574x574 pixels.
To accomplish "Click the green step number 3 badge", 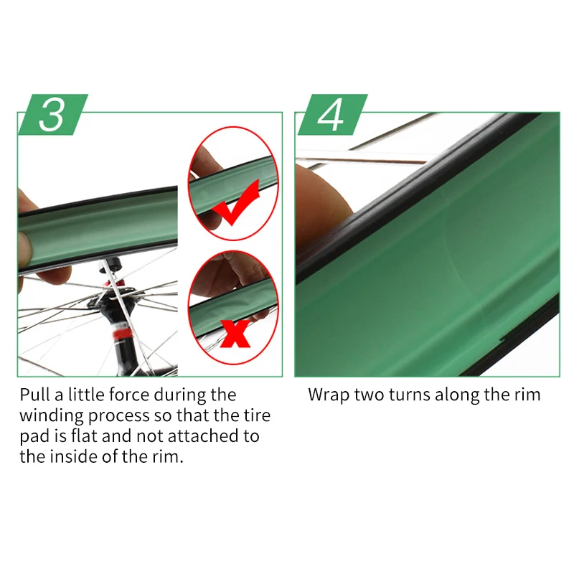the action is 53,115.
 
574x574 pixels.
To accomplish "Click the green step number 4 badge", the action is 333,115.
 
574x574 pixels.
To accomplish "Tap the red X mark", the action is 235,334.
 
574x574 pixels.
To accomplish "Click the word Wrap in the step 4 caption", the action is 329,395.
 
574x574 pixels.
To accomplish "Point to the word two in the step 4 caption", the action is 370,395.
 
